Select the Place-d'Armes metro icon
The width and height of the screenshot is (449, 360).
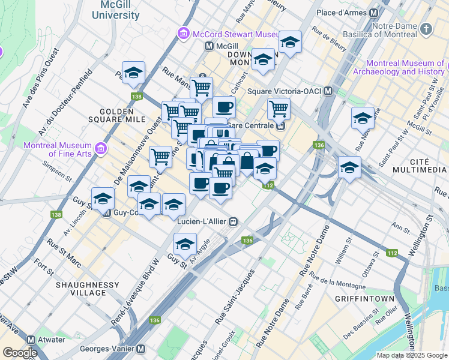[374, 13]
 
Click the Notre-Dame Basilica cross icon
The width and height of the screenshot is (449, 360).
[426, 28]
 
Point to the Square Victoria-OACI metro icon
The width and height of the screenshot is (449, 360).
[328, 91]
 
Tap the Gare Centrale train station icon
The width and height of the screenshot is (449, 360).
[280, 125]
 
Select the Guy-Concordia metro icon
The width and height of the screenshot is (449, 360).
[107, 212]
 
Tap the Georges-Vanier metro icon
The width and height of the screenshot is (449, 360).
[141, 349]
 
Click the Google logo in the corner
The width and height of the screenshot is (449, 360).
[20, 353]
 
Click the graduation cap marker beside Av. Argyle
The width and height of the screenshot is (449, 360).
[185, 244]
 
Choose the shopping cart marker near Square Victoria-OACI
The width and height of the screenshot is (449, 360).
[279, 109]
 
